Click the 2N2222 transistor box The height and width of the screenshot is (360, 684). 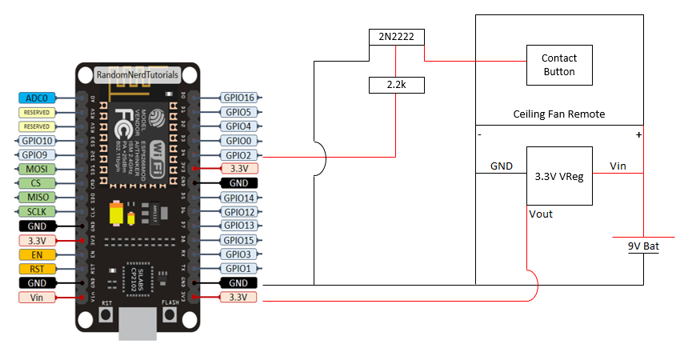click(397, 37)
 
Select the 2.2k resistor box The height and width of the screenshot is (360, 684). click(397, 84)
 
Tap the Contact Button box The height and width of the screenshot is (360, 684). click(559, 65)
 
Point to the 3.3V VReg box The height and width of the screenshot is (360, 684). click(559, 176)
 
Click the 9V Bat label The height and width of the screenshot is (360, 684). click(643, 246)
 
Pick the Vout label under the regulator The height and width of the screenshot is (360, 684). click(541, 214)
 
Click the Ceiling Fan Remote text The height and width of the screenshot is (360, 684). click(559, 114)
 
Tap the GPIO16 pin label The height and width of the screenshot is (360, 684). click(240, 98)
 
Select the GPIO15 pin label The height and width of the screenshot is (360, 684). click(240, 240)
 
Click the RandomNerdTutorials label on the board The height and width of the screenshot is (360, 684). click(137, 74)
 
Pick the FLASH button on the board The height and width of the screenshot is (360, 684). click(169, 314)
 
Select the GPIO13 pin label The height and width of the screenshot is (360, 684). click(240, 226)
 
